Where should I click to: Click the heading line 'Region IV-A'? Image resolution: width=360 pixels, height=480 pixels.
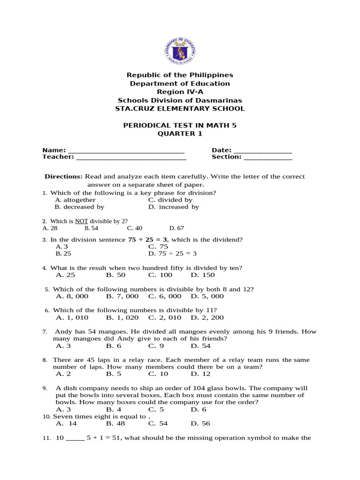(180, 92)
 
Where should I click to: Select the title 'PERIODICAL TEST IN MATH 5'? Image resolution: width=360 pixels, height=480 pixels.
(180, 126)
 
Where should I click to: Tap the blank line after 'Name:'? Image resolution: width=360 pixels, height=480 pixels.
(126, 151)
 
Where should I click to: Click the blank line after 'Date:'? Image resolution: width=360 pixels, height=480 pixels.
(262, 151)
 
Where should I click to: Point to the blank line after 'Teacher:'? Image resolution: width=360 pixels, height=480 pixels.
(131, 157)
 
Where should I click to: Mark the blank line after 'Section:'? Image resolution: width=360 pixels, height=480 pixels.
(268, 157)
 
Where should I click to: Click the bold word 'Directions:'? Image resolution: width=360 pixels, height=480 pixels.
(63, 177)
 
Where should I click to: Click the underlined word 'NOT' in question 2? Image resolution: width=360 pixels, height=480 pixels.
(82, 221)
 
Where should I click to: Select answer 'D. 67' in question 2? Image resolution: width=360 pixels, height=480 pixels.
(176, 228)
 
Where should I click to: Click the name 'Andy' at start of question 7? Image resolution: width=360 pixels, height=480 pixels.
(64, 331)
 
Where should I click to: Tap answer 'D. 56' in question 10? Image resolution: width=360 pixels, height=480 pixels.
(201, 423)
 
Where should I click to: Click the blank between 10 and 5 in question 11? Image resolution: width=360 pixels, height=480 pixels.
(75, 438)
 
